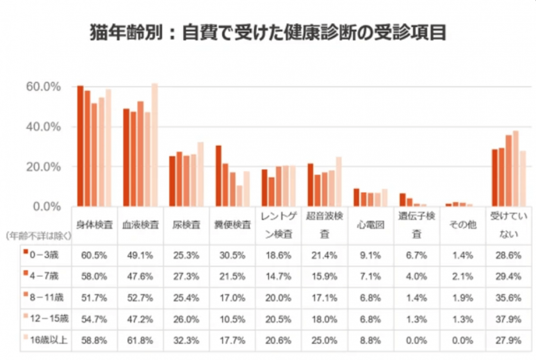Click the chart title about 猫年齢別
tap(268, 32)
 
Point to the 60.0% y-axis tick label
tap(43, 86)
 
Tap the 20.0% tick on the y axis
tap(43, 167)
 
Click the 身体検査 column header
tap(96, 225)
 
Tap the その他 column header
tap(462, 225)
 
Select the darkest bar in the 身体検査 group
tap(80, 146)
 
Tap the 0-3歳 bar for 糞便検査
tap(218, 176)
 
